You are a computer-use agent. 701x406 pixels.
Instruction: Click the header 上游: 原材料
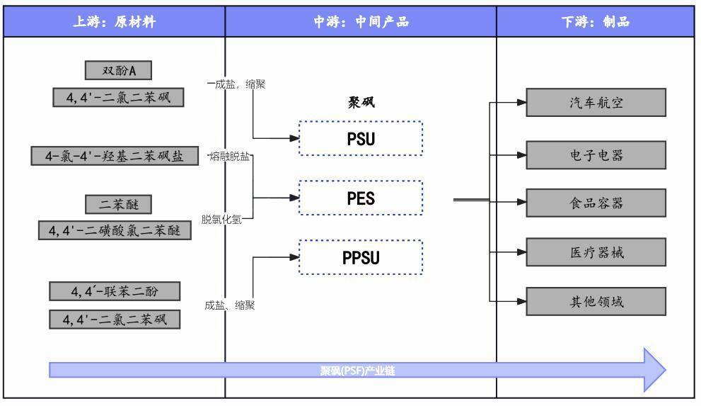click(115, 21)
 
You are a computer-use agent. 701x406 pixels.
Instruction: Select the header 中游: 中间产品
click(361, 21)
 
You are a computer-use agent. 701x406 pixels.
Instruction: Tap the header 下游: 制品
click(596, 21)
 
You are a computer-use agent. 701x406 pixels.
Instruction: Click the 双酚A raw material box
click(118, 70)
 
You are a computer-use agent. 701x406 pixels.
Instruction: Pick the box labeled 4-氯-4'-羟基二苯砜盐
click(115, 156)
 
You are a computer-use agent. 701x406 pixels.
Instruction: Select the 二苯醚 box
click(118, 204)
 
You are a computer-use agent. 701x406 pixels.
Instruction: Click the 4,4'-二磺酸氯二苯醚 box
click(115, 230)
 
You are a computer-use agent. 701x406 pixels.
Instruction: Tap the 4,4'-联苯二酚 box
click(115, 291)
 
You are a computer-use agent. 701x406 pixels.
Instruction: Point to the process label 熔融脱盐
click(229, 156)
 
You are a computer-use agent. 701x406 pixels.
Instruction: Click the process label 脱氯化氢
click(221, 220)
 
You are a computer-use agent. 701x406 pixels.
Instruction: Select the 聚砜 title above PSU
click(361, 103)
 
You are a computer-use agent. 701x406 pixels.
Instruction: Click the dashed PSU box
click(361, 138)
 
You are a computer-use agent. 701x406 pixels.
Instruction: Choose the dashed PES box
click(361, 198)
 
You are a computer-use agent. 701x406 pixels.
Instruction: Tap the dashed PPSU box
click(361, 257)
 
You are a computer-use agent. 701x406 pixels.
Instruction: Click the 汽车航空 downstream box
click(596, 103)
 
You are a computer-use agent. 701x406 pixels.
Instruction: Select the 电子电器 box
click(596, 155)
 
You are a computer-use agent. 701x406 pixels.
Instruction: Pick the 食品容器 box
click(596, 203)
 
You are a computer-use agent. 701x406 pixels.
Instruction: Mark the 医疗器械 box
click(596, 252)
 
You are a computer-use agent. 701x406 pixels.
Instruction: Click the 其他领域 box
click(596, 301)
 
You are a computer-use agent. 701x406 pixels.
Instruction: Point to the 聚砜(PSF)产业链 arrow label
click(358, 371)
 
